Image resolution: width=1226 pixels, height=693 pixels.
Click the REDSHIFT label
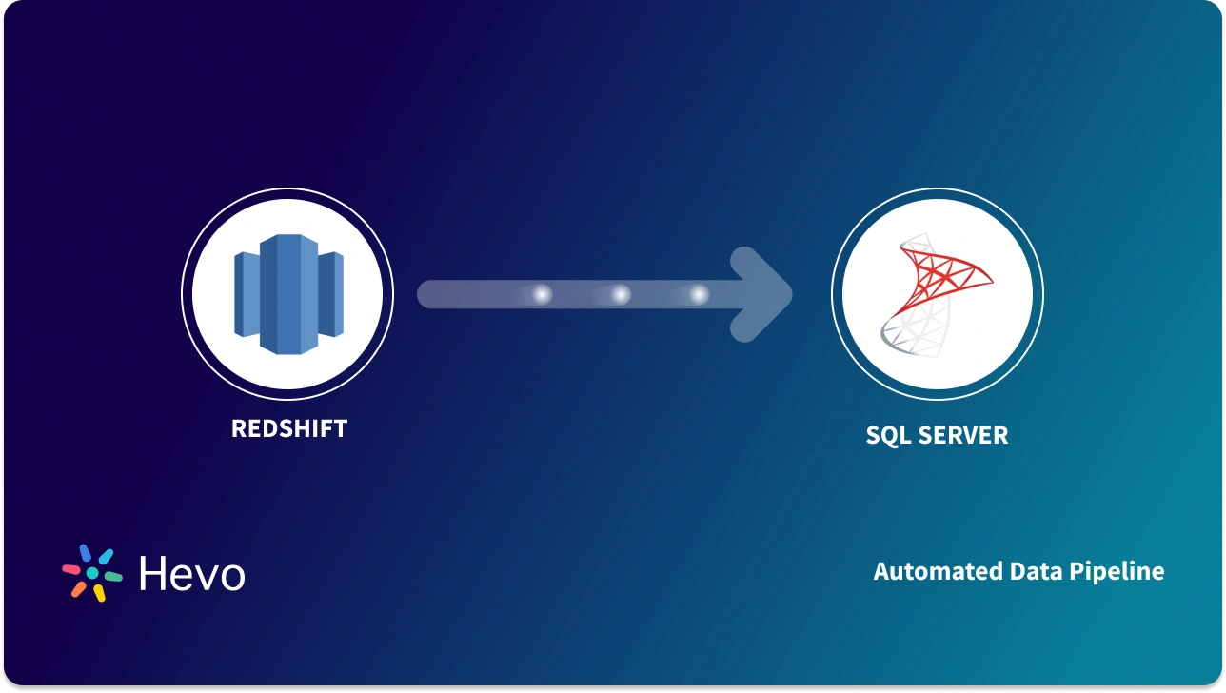(288, 428)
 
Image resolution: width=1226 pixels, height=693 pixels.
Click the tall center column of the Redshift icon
(288, 294)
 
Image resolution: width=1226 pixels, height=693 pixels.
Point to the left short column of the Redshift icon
(247, 295)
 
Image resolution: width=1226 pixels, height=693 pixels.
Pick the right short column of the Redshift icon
(330, 295)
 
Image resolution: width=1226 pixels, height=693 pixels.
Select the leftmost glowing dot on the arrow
(542, 295)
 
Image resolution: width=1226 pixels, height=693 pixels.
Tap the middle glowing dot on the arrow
(621, 295)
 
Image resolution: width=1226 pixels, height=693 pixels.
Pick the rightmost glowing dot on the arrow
(699, 295)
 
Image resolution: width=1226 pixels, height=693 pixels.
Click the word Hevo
(191, 574)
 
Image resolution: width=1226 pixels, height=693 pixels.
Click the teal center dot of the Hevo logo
(91, 574)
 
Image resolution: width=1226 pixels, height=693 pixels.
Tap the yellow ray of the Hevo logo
(98, 593)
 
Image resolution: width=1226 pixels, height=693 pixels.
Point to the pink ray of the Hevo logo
(71, 570)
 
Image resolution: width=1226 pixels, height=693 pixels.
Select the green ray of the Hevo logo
(112, 577)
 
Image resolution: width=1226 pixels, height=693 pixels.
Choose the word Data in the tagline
(1035, 571)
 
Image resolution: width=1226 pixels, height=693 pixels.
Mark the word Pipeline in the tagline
(1117, 571)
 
